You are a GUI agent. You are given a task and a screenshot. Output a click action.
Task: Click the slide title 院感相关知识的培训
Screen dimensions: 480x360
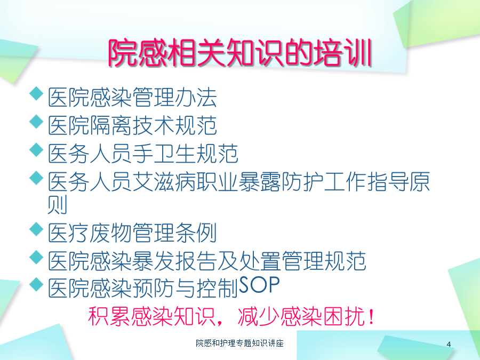pyautogui.click(x=239, y=53)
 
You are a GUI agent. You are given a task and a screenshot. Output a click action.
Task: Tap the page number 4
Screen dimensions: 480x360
pyautogui.click(x=449, y=345)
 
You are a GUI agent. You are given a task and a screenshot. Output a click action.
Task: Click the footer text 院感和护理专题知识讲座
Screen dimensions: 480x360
pyautogui.click(x=239, y=343)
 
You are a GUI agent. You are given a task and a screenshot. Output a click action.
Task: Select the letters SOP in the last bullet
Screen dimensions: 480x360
pyautogui.click(x=259, y=285)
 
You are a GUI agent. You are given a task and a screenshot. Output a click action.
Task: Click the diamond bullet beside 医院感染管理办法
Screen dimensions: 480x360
pyautogui.click(x=36, y=93)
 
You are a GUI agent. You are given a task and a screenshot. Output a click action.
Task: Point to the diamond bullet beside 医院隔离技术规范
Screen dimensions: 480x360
pyautogui.click(x=36, y=122)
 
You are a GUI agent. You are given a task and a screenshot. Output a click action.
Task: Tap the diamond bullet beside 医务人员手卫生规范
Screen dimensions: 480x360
pyautogui.click(x=36, y=150)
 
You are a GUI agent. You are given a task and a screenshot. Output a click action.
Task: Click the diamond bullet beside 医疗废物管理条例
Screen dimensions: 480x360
pyautogui.click(x=36, y=229)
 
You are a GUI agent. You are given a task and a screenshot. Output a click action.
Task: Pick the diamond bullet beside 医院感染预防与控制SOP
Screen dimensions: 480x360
pyautogui.click(x=36, y=284)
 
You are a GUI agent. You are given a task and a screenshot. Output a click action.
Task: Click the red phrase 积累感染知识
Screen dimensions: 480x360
pyautogui.click(x=151, y=316)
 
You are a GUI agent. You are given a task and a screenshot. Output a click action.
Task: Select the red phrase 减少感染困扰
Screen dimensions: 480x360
pyautogui.click(x=301, y=316)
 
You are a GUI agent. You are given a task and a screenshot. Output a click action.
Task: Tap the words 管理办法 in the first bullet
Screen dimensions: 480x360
pyautogui.click(x=175, y=98)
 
